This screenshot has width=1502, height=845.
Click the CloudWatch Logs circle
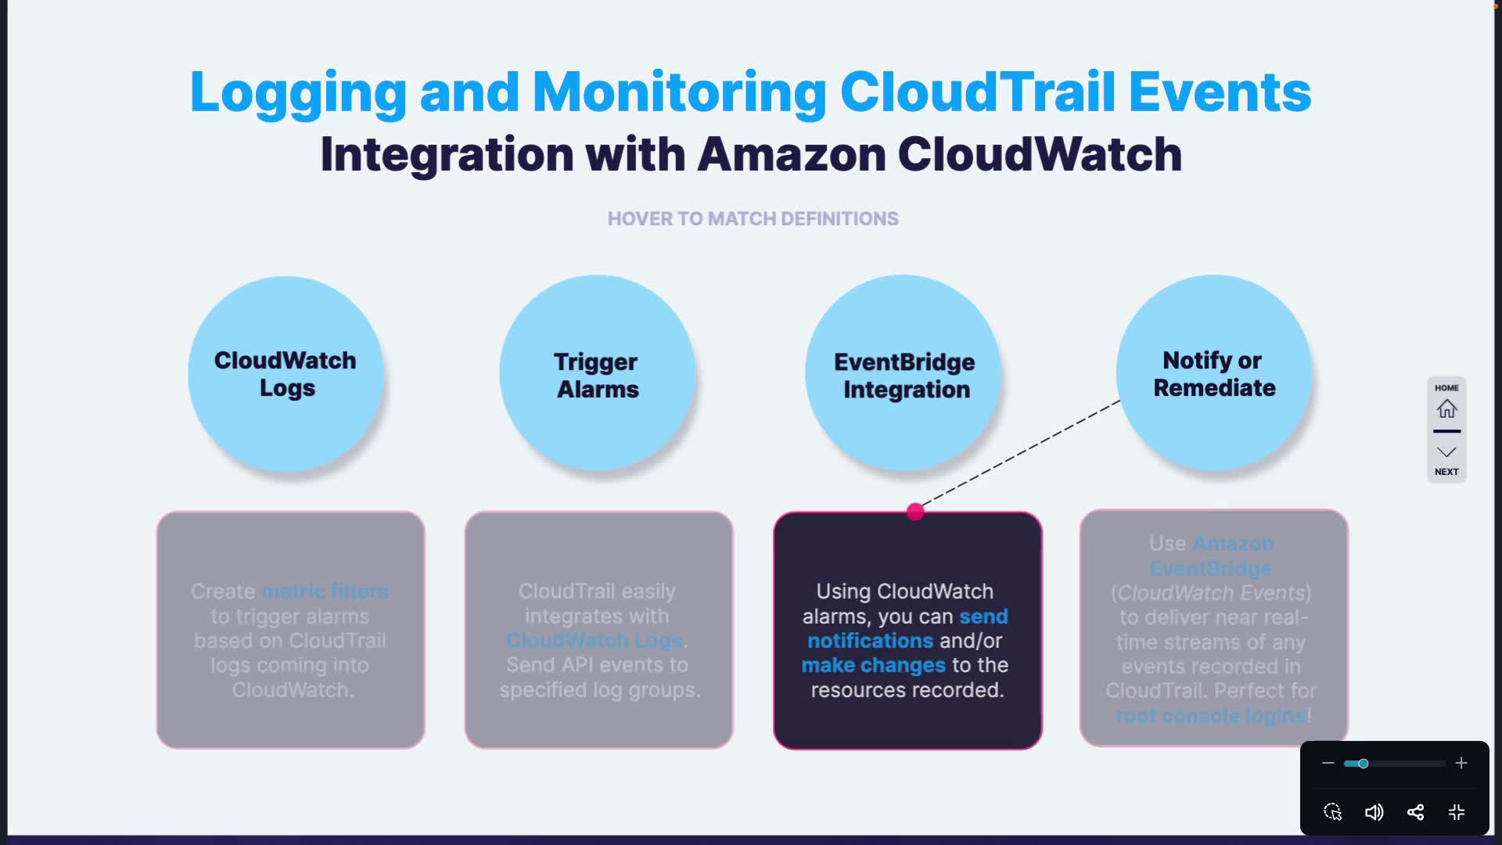[x=286, y=374]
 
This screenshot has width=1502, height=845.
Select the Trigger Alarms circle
[x=597, y=374]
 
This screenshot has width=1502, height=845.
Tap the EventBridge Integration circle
[x=904, y=374]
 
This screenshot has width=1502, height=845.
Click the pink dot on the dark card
[x=915, y=512]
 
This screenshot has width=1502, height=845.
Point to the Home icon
[x=1446, y=408]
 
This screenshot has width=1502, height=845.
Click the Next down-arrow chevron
[x=1446, y=452]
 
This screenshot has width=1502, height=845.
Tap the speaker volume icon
[x=1374, y=812]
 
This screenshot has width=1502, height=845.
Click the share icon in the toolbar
[x=1415, y=812]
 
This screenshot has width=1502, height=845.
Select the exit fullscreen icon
[x=1457, y=812]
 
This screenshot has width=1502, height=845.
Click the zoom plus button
[x=1461, y=763]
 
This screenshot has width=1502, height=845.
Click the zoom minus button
[x=1328, y=763]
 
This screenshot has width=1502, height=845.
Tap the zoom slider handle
[x=1363, y=764]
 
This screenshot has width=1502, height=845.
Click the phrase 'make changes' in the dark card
[x=873, y=665]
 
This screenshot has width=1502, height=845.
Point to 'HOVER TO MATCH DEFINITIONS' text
[x=753, y=219]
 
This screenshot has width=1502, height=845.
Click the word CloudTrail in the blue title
[x=977, y=92]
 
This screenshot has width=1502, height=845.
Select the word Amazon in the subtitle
[x=791, y=154]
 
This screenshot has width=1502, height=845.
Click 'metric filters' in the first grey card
[x=325, y=591]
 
